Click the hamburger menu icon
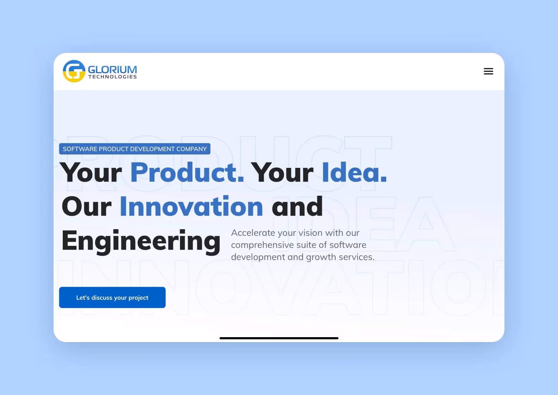click(488, 71)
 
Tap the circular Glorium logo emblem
click(74, 71)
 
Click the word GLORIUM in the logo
click(112, 69)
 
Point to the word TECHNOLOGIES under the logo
click(112, 77)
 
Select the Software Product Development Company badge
click(135, 149)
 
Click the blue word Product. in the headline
click(187, 172)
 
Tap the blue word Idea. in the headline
click(354, 172)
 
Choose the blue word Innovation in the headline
click(191, 207)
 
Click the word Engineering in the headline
click(141, 241)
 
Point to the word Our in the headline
click(87, 207)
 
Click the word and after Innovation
click(297, 207)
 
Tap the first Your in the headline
click(91, 172)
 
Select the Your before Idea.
click(282, 172)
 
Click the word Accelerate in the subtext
click(253, 233)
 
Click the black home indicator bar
click(279, 338)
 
